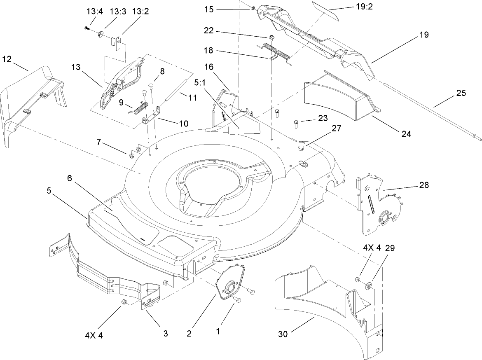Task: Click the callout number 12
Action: pos(7,59)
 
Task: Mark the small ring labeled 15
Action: pos(252,8)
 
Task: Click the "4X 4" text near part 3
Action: pos(94,335)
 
